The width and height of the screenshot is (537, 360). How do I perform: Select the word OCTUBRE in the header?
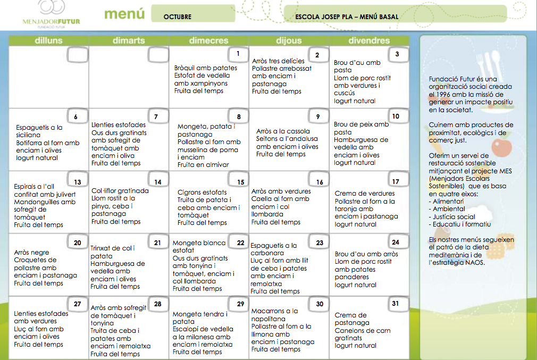177,17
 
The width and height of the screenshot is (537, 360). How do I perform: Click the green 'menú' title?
124,14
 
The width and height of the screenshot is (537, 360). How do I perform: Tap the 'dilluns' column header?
48,41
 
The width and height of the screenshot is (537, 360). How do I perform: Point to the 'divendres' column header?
368,41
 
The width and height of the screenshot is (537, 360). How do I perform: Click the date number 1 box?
238,54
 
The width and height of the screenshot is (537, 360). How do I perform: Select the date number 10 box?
396,116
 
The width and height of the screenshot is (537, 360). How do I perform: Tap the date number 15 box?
240,182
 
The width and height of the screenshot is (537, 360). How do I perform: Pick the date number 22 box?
240,243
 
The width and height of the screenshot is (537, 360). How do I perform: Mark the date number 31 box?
395,304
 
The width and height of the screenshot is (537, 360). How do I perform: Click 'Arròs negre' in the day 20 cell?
31,253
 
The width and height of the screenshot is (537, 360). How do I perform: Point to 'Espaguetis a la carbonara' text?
274,249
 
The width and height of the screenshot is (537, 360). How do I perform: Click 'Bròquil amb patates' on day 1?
206,68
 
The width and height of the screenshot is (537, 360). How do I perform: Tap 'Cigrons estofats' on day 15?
202,192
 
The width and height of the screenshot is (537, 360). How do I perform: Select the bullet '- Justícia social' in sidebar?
454,216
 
